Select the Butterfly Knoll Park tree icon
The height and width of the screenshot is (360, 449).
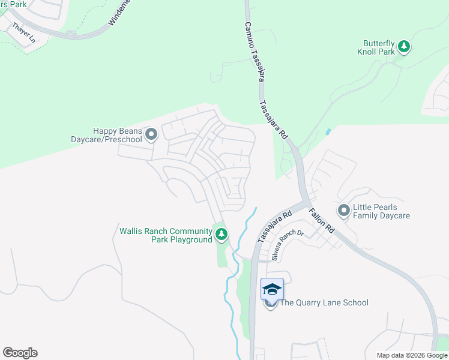405,47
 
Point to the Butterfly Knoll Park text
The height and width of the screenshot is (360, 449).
379,47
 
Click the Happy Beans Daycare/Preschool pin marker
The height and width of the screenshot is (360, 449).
151,134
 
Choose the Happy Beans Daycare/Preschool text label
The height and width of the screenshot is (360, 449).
117,135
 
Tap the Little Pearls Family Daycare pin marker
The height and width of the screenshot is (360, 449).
344,210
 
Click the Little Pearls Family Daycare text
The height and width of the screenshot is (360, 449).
381,211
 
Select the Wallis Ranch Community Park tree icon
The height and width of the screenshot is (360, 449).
221,235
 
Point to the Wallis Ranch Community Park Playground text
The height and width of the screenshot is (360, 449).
166,235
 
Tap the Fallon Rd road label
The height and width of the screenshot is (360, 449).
322,221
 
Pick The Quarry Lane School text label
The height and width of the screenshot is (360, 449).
324,303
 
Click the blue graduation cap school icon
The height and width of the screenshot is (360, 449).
271,289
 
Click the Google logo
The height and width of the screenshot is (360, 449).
20,353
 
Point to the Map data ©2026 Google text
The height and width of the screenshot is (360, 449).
412,355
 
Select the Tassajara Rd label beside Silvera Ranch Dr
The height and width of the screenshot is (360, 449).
274,227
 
